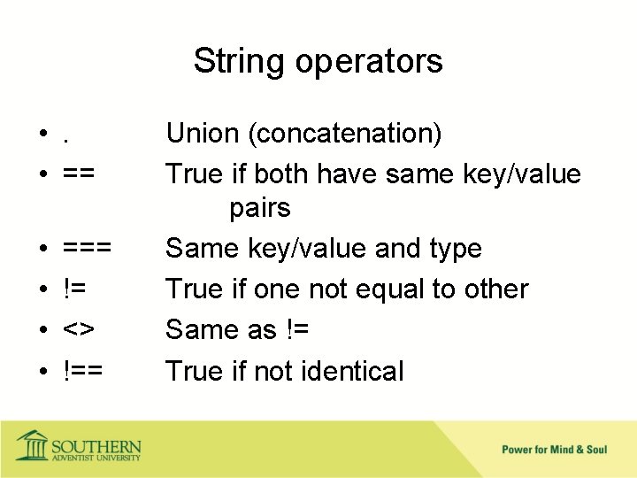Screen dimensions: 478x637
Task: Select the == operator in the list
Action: [x=81, y=174]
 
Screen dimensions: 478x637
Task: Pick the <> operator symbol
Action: [x=79, y=330]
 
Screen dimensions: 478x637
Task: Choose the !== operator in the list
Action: [x=83, y=371]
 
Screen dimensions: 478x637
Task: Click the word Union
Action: [x=203, y=134]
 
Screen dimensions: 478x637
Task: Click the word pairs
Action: [x=260, y=209]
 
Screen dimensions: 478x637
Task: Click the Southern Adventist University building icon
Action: [x=33, y=445]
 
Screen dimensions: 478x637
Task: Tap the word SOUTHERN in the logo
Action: [x=96, y=445]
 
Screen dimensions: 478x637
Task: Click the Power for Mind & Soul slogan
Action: [x=554, y=450]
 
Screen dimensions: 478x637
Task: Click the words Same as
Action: [x=223, y=330]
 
